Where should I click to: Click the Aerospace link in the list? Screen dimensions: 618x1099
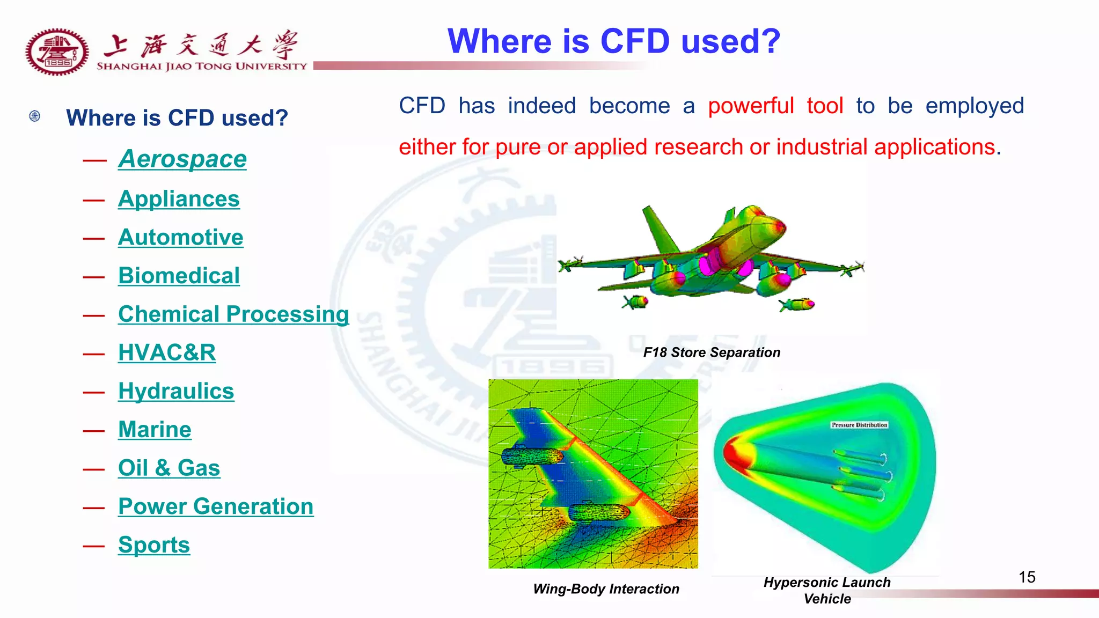182,159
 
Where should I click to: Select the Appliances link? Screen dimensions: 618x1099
179,199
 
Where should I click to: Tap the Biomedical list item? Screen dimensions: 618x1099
179,276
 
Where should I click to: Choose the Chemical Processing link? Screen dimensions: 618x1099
233,314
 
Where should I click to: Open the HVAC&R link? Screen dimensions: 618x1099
167,353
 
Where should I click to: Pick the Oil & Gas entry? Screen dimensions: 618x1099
169,468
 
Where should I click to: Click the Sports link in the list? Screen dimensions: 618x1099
154,545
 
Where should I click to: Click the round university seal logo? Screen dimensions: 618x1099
57,52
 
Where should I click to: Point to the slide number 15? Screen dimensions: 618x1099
1027,577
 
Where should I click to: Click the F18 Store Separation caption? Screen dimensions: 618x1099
712,352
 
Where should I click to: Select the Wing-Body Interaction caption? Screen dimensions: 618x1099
606,589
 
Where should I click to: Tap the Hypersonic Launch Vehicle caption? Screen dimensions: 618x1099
827,590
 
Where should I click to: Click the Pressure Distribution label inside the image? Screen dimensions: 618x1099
859,425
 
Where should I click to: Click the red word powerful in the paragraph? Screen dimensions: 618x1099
750,106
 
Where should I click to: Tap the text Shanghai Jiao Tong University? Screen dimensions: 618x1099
201,67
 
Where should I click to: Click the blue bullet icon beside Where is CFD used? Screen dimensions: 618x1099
35,116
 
